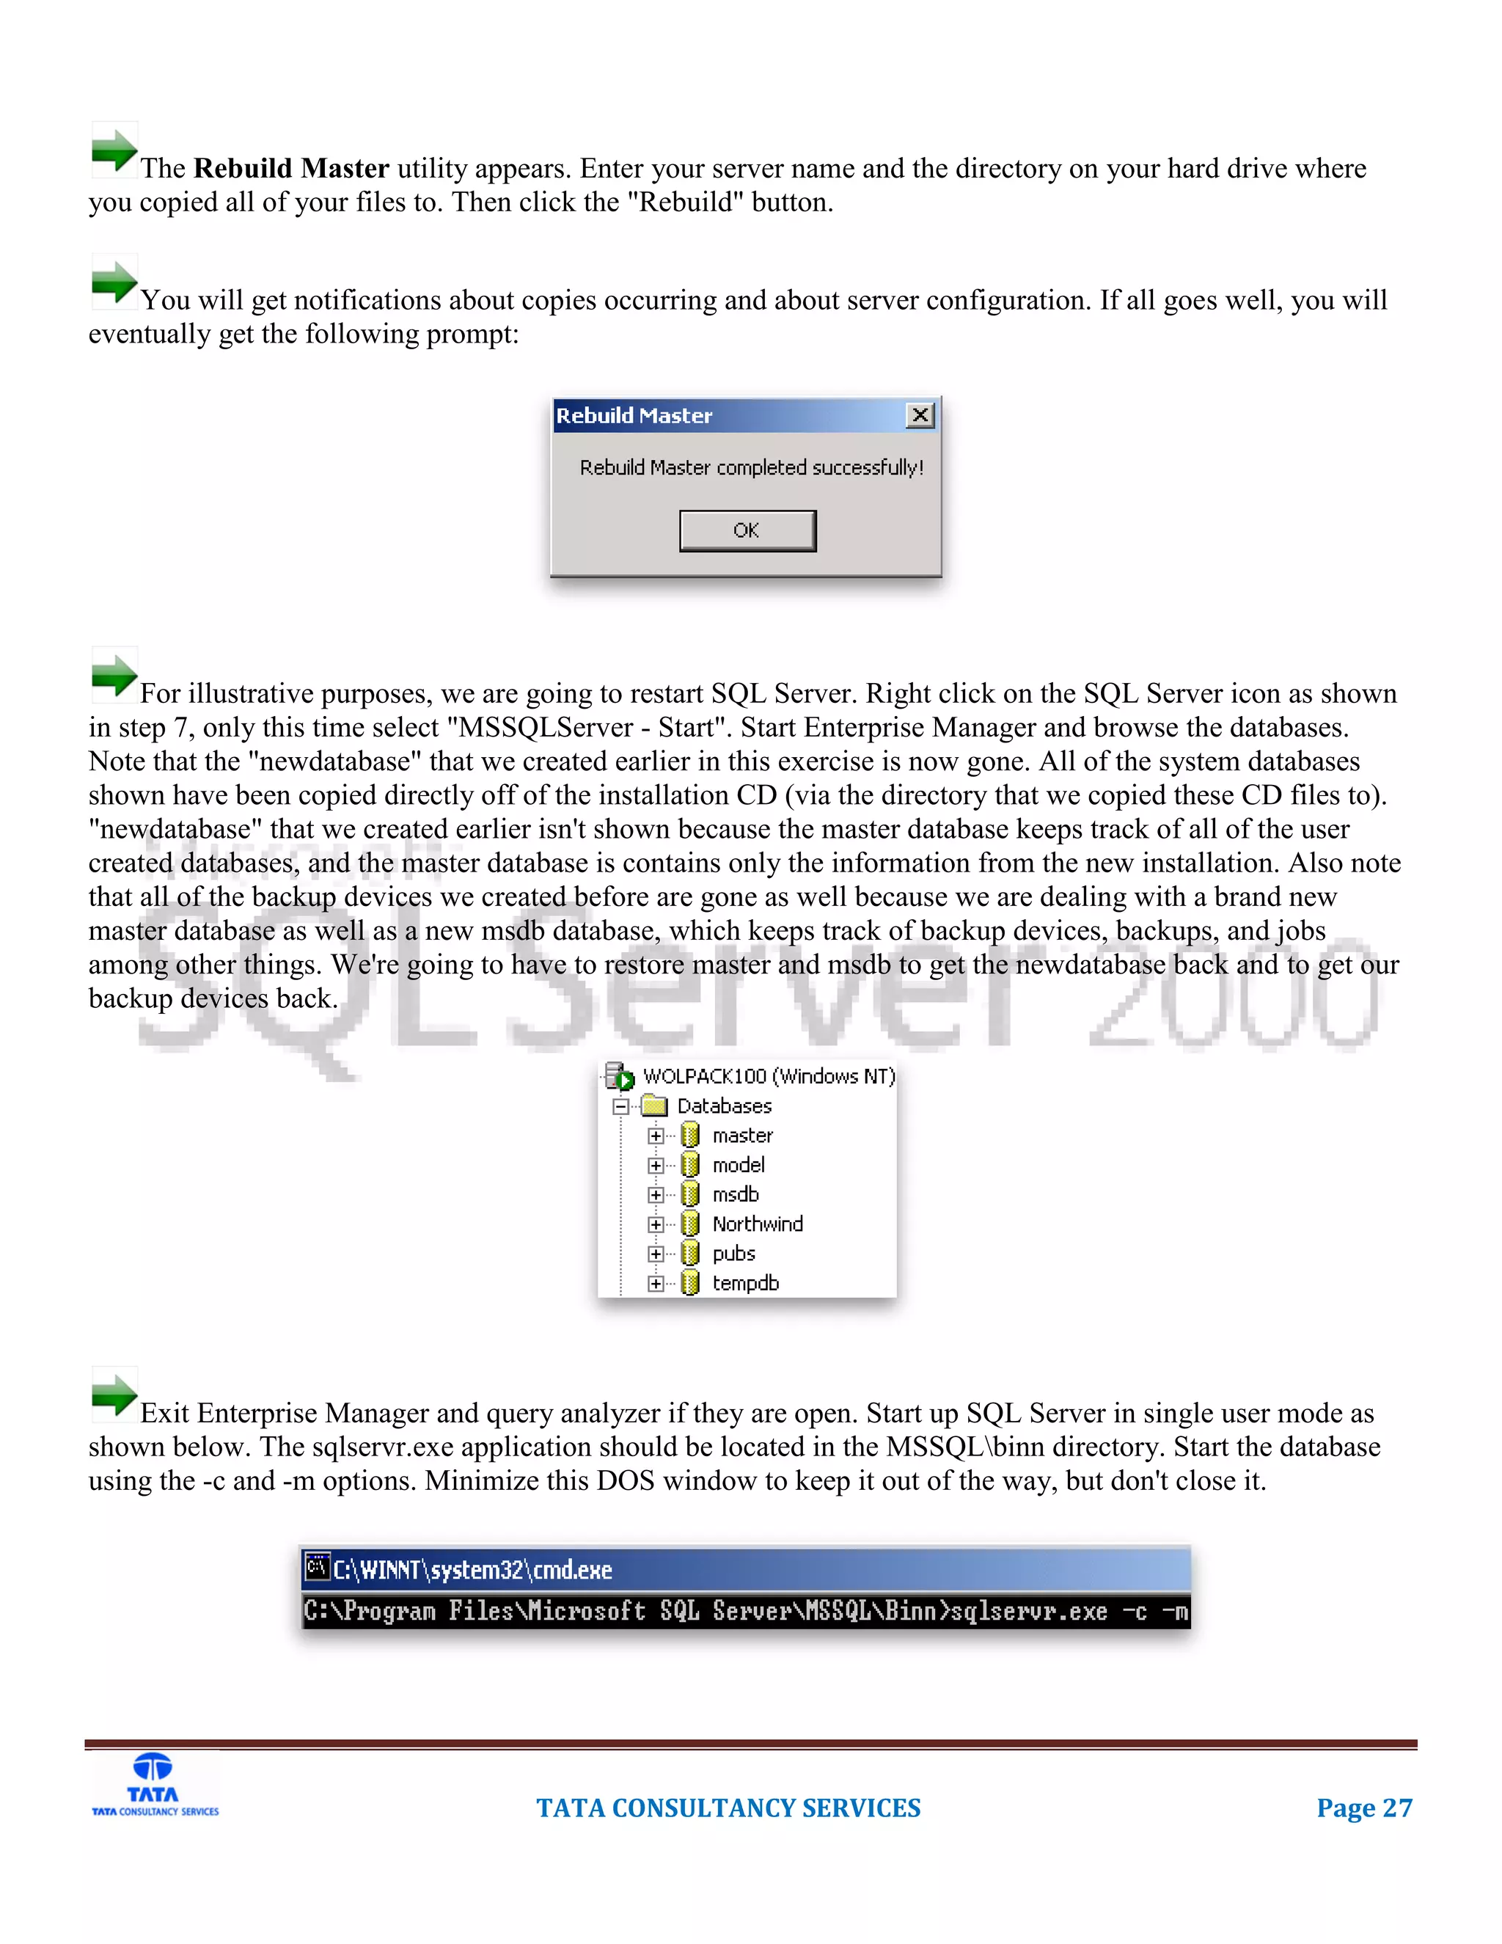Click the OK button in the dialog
click(747, 530)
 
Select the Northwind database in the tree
click(756, 1224)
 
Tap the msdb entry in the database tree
click(735, 1194)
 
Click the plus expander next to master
click(656, 1136)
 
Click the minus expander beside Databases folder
click(621, 1106)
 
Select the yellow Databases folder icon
click(655, 1106)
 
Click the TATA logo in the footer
click(155, 1786)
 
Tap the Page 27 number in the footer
click(1364, 1808)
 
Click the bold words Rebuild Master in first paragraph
click(291, 168)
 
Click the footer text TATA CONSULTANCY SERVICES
click(728, 1808)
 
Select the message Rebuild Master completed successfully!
click(751, 467)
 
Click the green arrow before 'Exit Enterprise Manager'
click(114, 1393)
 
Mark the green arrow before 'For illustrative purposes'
click(114, 674)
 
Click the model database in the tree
click(738, 1165)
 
